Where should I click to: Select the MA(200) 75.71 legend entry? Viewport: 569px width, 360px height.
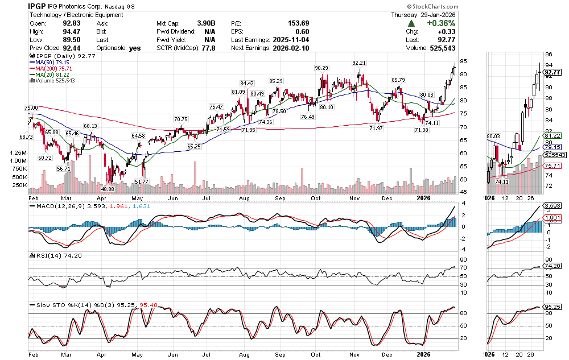tap(56, 69)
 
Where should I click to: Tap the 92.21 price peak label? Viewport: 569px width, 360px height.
tap(359, 62)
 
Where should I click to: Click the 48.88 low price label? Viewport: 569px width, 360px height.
tap(108, 188)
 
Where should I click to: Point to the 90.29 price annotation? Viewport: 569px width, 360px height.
tap(323, 68)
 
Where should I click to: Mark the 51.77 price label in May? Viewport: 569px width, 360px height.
tap(142, 181)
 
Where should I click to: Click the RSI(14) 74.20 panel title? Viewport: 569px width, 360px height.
tap(51, 255)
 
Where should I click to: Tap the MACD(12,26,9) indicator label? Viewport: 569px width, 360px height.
tap(56, 207)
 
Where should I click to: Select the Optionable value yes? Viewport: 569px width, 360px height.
tap(134, 48)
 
